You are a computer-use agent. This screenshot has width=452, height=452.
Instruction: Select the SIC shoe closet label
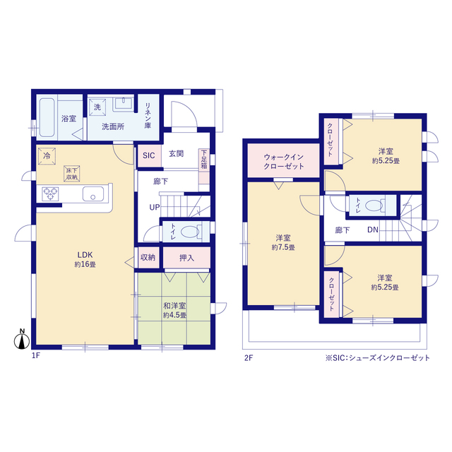tap(149, 155)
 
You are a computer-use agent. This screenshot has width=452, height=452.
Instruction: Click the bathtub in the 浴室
tap(47, 118)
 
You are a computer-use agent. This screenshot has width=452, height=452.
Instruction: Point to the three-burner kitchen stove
tap(50, 194)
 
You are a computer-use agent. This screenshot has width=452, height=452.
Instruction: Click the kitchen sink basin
tap(93, 194)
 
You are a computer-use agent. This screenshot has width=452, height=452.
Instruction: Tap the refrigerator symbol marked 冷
tap(47, 156)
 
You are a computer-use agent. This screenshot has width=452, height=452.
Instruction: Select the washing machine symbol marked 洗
tap(97, 107)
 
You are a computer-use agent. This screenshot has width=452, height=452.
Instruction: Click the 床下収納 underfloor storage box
tap(72, 174)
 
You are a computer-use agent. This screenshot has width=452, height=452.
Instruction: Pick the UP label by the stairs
tap(155, 207)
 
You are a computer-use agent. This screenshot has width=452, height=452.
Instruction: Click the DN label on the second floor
tap(373, 230)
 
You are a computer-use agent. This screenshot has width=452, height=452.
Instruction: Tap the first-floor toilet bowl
tap(190, 232)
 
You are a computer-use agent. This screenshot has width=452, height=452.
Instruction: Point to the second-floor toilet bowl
tap(374, 206)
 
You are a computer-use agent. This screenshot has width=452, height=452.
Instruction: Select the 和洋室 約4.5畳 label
tap(174, 310)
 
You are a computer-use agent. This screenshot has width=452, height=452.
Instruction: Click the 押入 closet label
tap(186, 258)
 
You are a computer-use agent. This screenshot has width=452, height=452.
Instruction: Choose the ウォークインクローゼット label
tap(284, 162)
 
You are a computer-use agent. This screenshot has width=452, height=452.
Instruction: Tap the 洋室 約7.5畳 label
tap(283, 242)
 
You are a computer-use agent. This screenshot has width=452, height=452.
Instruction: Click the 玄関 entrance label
tap(176, 154)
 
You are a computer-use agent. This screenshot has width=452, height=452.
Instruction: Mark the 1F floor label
tap(36, 356)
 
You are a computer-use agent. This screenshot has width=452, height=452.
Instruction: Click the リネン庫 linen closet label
tap(148, 116)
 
